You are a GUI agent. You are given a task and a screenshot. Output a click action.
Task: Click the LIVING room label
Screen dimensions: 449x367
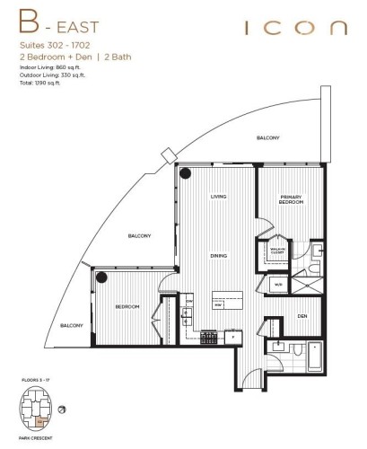click(x=218, y=197)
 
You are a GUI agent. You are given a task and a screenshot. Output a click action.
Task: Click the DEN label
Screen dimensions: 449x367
click(x=302, y=315)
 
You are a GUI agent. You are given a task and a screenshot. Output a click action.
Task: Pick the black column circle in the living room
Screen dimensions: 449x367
click(x=185, y=173)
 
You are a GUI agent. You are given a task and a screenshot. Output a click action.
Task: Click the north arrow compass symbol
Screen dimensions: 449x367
click(x=61, y=410)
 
